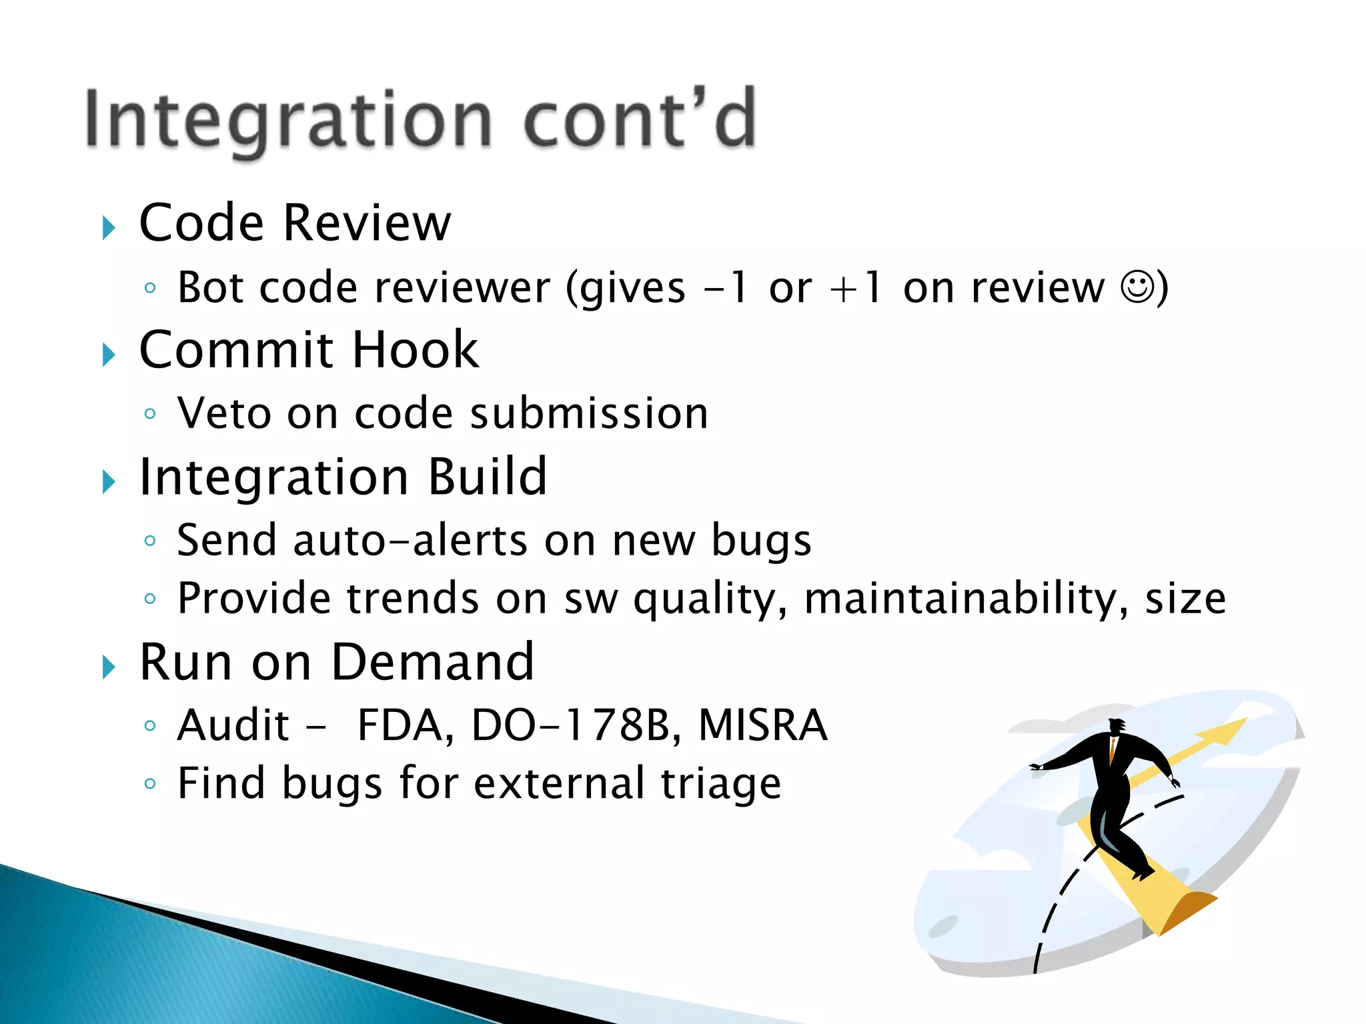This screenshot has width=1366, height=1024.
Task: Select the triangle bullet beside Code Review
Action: click(x=109, y=228)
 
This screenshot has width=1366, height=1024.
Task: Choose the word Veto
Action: click(x=224, y=413)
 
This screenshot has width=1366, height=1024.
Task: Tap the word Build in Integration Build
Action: click(x=487, y=477)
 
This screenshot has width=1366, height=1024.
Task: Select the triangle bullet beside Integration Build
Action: click(x=109, y=481)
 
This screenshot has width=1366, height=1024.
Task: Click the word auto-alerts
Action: click(x=411, y=540)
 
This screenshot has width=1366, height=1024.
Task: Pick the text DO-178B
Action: click(x=570, y=725)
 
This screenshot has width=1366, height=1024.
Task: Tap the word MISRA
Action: click(x=762, y=725)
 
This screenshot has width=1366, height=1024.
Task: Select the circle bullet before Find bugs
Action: click(x=150, y=783)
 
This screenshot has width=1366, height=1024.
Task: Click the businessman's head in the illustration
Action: click(x=1117, y=726)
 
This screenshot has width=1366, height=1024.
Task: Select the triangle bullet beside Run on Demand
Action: click(x=109, y=667)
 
